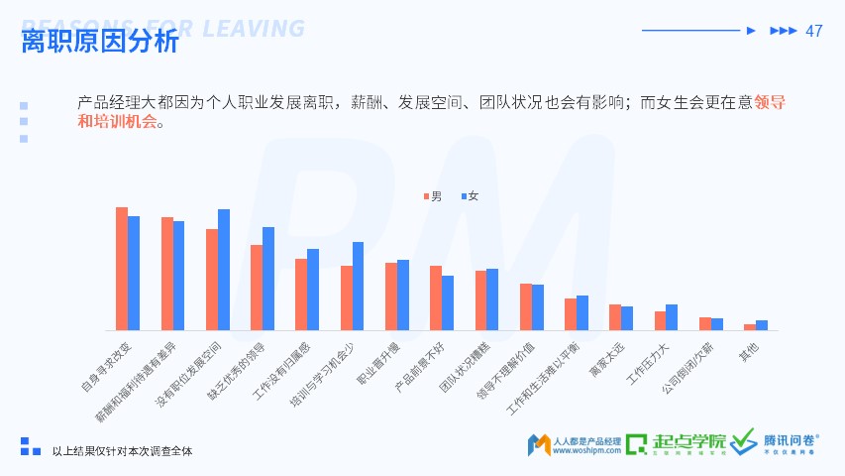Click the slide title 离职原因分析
point(100,42)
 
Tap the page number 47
point(814,31)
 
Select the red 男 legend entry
point(432,196)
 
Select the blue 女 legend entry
point(469,196)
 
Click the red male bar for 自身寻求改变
point(122,269)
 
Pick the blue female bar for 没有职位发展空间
point(224,270)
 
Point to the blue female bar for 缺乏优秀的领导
point(268,279)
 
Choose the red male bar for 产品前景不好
point(436,297)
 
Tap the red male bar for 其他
point(750,327)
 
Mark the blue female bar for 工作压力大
point(672,317)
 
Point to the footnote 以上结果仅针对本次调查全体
point(122,451)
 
